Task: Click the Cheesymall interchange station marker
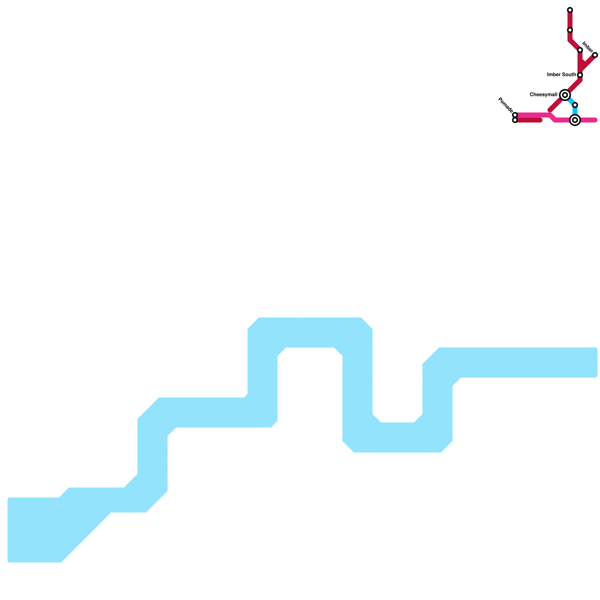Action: (565, 95)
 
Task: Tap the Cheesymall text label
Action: (543, 95)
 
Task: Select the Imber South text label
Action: (561, 75)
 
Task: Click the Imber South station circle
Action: (580, 75)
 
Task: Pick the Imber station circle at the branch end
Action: (595, 55)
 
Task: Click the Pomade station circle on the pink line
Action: (515, 115)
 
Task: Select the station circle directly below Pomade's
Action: (515, 120)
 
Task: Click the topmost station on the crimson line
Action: (570, 10)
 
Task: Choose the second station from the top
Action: (570, 30)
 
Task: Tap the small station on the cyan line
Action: (575, 105)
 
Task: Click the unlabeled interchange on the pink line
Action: (575, 120)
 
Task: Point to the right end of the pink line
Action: (595, 120)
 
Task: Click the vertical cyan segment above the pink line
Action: (575, 111)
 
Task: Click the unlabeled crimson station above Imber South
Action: (580, 50)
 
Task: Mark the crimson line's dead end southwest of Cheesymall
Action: (550, 110)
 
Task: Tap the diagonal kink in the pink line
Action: (552, 117)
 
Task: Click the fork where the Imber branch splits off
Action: (580, 70)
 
